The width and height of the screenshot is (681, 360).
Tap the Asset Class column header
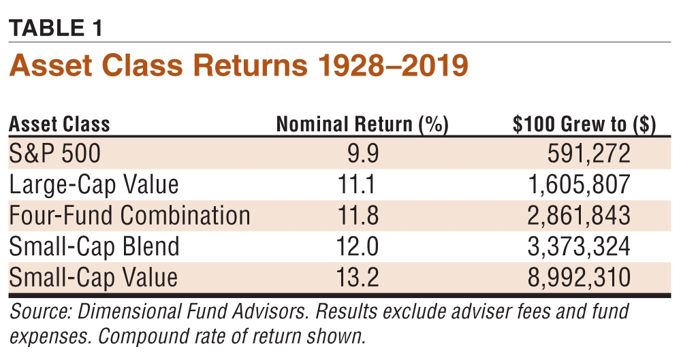tap(59, 125)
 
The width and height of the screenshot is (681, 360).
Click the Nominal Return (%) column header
tap(362, 125)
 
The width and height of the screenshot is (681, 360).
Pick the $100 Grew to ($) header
tap(584, 125)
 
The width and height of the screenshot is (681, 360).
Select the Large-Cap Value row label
tap(93, 185)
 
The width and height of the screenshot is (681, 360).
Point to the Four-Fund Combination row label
tap(129, 216)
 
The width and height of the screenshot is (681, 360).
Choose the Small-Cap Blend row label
tap(94, 246)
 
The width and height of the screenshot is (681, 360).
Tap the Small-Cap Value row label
tap(93, 277)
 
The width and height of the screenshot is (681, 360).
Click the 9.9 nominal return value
tap(362, 154)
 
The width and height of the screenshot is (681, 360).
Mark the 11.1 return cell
tap(357, 185)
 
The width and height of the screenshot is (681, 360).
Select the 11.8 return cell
tap(357, 216)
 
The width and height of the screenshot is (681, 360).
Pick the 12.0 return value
tap(357, 246)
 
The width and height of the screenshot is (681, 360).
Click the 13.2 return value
tap(357, 277)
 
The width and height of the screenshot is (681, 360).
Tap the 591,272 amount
tap(588, 154)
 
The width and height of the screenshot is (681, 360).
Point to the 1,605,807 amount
tap(580, 185)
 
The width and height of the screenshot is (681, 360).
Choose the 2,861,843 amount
tap(580, 216)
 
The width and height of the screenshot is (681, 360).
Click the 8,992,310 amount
tap(580, 277)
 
